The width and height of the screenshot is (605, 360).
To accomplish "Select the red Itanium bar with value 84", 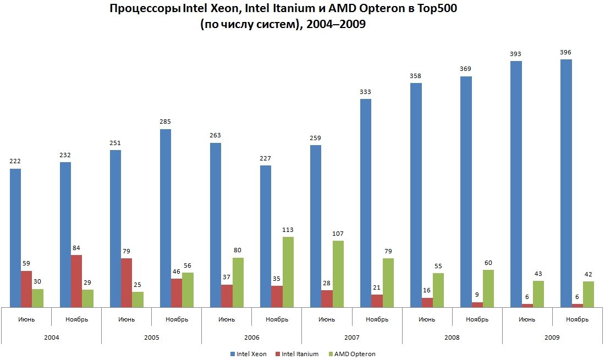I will coord(76,280).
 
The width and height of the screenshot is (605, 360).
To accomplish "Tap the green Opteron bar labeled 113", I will coord(288,272).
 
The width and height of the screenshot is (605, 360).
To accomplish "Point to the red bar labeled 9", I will coord(477,304).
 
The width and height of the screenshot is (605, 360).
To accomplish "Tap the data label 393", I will coord(515,54).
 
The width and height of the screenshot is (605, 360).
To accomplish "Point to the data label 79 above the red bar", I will coord(127,251).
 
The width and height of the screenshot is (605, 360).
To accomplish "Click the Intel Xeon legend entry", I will coord(249,354).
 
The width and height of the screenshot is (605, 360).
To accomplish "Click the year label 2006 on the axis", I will coord(251,337).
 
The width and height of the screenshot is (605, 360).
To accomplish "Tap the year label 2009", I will coord(552,337).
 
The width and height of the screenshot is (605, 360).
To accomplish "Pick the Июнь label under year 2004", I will coord(26,319).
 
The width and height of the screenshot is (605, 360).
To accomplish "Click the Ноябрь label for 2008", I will coord(477,319).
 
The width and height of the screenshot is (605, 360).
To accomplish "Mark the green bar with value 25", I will coord(137,299).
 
